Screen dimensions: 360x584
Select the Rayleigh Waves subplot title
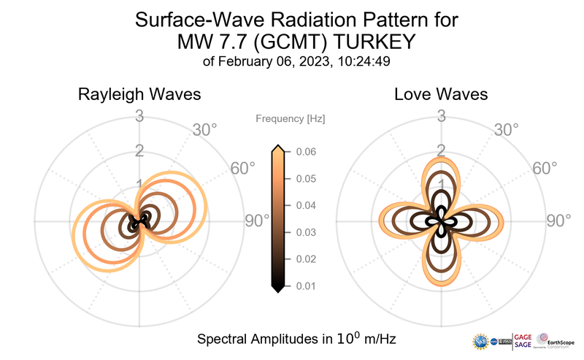pyautogui.click(x=139, y=95)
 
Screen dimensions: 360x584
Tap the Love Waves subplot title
pyautogui.click(x=441, y=95)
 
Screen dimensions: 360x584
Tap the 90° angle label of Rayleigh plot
pyautogui.click(x=256, y=221)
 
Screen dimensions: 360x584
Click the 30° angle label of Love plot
pyautogui.click(x=507, y=131)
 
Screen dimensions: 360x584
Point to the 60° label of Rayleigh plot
pyautogui.click(x=243, y=169)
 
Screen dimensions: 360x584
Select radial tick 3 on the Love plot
pyautogui.click(x=441, y=115)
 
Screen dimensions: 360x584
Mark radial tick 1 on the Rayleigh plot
pyautogui.click(x=139, y=185)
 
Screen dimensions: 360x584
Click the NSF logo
pyautogui.click(x=481, y=341)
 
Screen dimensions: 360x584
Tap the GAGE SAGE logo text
pyautogui.click(x=523, y=340)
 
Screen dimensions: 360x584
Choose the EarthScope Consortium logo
pyautogui.click(x=558, y=340)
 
